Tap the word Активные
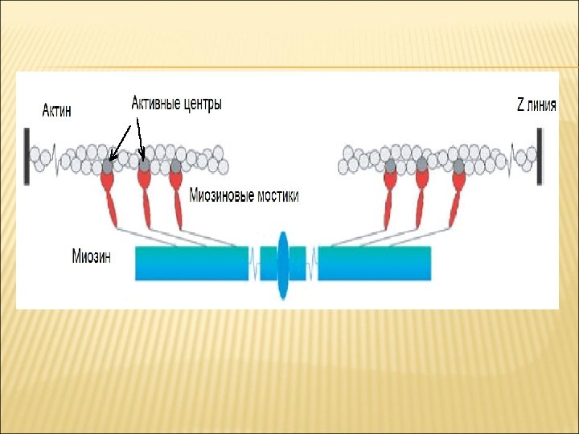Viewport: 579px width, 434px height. [158, 104]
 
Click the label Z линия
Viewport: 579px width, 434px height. [536, 104]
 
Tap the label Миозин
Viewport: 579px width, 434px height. [91, 258]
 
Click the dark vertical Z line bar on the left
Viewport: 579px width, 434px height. [27, 154]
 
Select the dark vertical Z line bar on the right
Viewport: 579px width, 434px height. [539, 154]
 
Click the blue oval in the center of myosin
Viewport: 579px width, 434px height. [282, 264]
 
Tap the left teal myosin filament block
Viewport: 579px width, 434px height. [191, 264]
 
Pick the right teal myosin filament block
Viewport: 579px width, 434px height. [374, 264]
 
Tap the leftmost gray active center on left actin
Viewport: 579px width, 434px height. [108, 166]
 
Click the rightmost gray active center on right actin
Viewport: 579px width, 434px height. [458, 166]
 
